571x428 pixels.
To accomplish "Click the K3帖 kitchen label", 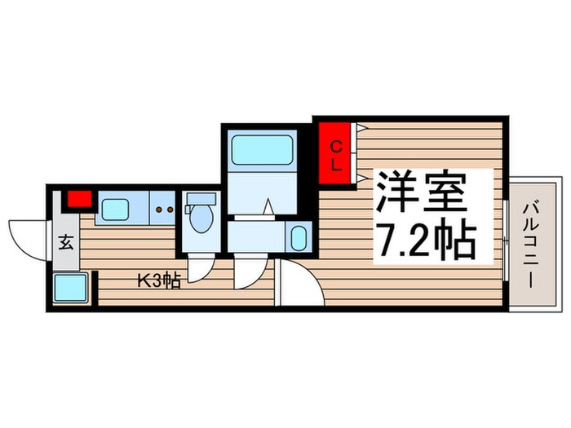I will tap(158, 281).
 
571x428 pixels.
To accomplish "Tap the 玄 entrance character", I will tap(65, 242).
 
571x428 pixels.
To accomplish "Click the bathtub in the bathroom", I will tap(263, 152).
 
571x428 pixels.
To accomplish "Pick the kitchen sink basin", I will tap(115, 210).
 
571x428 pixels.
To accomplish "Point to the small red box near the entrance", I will tap(79, 198).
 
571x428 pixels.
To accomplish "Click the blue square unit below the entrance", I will tap(71, 288).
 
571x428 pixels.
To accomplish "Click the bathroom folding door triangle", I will tap(268, 209).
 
